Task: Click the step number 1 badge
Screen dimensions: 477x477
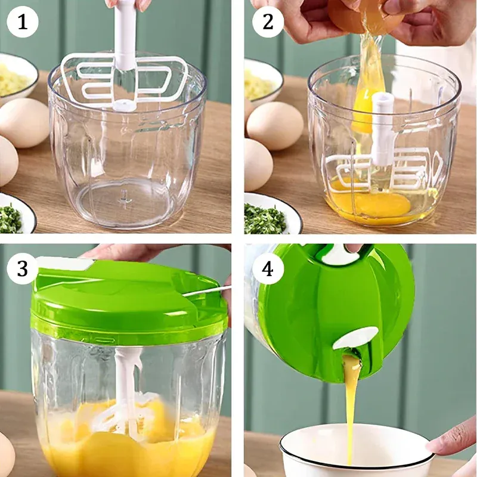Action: click(x=23, y=22)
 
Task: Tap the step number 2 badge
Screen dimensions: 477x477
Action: click(x=268, y=22)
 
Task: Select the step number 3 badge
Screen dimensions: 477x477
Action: click(x=23, y=269)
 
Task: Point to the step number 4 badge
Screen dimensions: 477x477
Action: click(x=268, y=269)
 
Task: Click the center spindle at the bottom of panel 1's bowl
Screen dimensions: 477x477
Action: click(x=124, y=200)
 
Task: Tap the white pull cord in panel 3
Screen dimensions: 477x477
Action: click(x=207, y=291)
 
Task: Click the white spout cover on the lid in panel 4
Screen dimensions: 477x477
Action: click(x=356, y=337)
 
